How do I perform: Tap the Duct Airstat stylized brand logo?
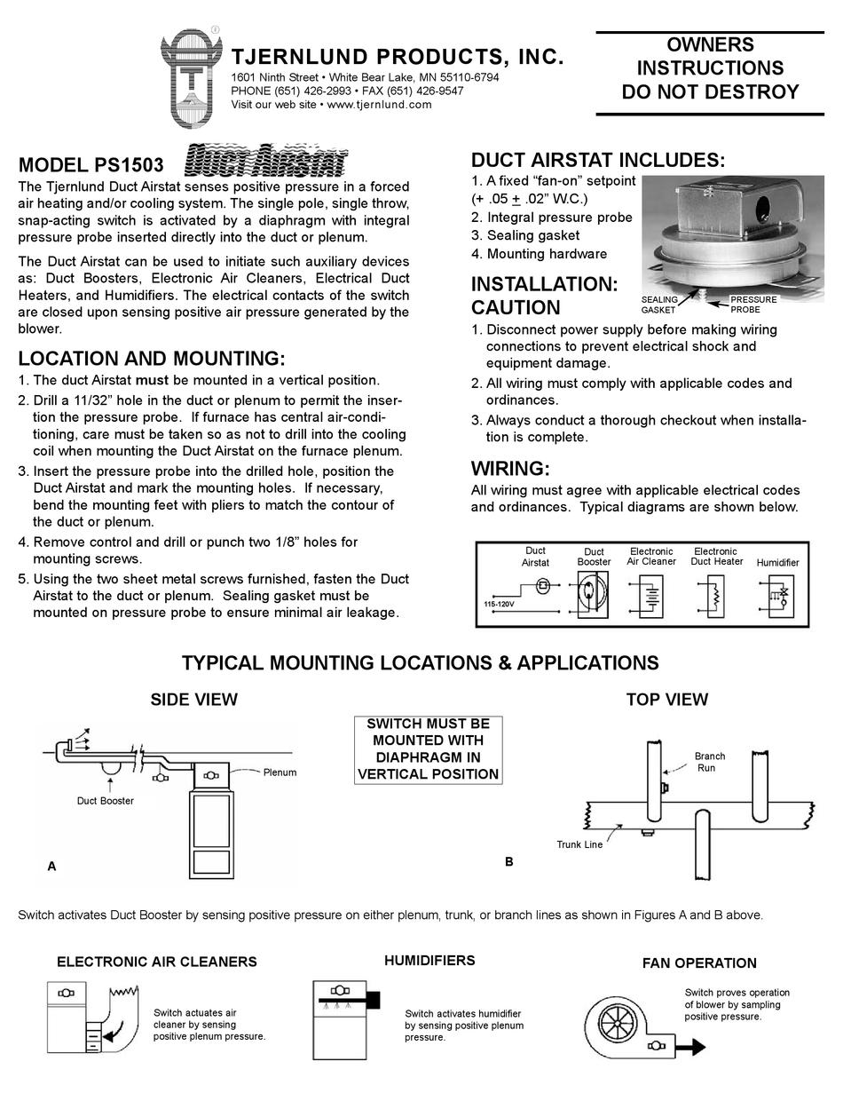point(266,162)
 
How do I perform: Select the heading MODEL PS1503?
point(91,166)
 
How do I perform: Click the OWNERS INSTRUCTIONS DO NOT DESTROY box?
point(710,69)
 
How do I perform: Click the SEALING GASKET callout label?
point(659,305)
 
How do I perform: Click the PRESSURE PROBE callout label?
point(752,305)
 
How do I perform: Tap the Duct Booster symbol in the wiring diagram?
point(594,592)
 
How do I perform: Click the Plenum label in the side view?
point(280,772)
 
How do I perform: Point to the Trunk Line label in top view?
point(579,844)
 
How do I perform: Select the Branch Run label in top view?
point(709,762)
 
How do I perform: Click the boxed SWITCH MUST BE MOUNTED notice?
point(429,749)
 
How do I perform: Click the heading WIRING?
point(510,468)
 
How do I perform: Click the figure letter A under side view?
point(51,867)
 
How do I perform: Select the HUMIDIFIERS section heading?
point(429,961)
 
